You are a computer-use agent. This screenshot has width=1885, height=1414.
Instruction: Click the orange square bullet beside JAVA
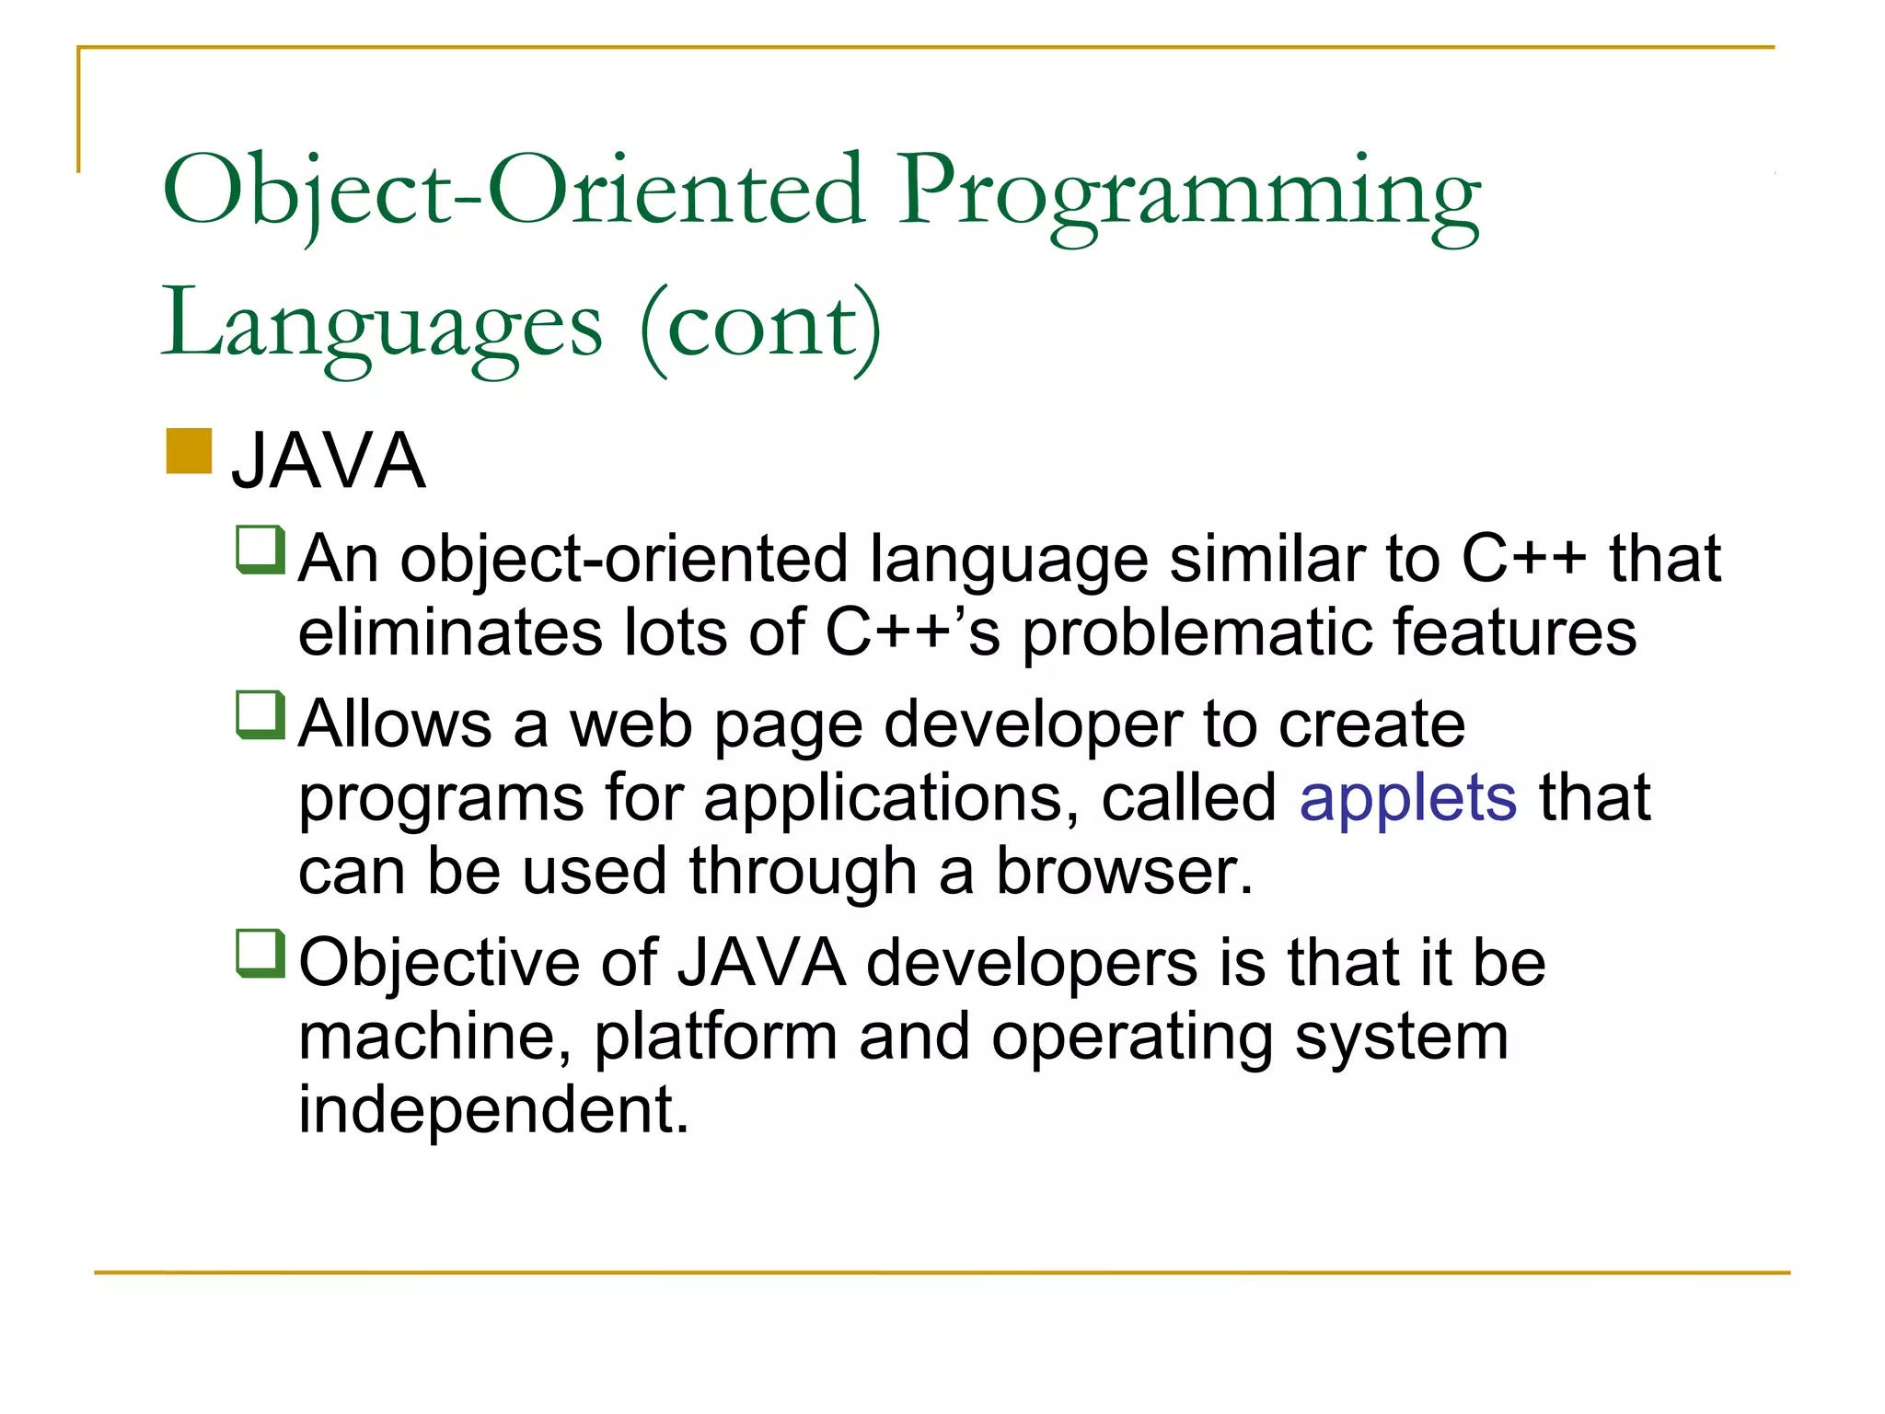click(190, 451)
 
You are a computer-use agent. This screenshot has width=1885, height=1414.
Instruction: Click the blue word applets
click(1407, 797)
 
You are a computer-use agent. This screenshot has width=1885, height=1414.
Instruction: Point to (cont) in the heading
click(760, 327)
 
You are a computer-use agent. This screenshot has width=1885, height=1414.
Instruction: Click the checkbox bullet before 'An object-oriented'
click(260, 550)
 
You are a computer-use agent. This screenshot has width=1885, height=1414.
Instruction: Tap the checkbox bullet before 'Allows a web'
click(260, 715)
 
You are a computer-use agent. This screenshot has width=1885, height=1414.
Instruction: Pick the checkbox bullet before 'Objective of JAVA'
click(260, 954)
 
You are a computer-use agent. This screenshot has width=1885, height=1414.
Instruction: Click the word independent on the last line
click(492, 1108)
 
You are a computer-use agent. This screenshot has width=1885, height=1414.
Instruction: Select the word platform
click(715, 1037)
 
